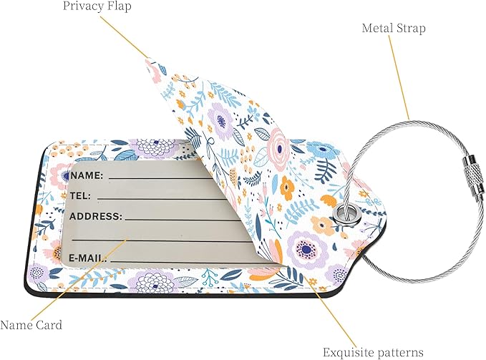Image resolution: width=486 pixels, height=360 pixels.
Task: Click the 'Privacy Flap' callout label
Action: click(97, 6)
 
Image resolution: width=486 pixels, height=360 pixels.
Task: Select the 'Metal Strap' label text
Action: click(394, 28)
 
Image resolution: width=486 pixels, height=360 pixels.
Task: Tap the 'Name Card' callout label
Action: click(31, 325)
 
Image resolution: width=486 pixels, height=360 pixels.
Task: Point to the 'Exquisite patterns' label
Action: click(373, 352)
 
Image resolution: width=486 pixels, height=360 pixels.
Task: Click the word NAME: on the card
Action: click(87, 175)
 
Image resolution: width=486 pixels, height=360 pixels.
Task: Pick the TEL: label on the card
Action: click(80, 196)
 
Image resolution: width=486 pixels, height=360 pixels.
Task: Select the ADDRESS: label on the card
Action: click(96, 216)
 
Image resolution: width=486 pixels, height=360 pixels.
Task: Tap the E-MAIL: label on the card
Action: click(88, 258)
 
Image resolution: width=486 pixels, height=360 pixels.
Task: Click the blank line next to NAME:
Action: click(161, 178)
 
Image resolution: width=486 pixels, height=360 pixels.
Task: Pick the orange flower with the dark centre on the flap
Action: click(287, 187)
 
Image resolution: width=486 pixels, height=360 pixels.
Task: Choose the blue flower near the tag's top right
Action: click(324, 152)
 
